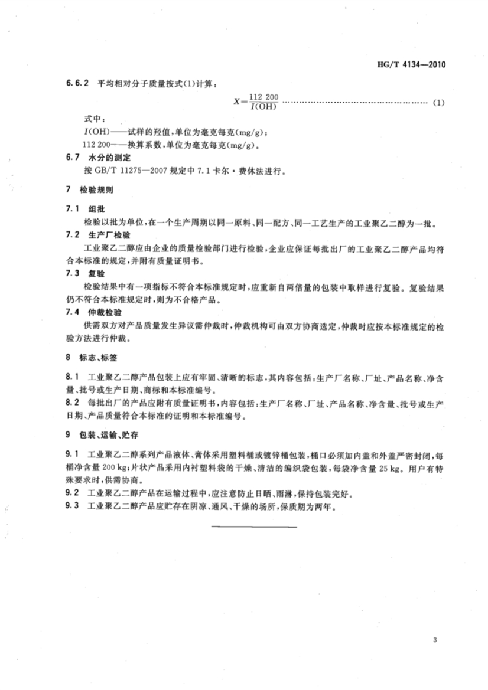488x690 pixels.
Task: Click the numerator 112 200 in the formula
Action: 263,96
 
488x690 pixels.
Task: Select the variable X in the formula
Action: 238,101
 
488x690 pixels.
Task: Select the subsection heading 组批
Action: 96,210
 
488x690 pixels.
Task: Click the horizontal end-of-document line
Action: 254,525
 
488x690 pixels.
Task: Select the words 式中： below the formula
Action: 95,119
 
